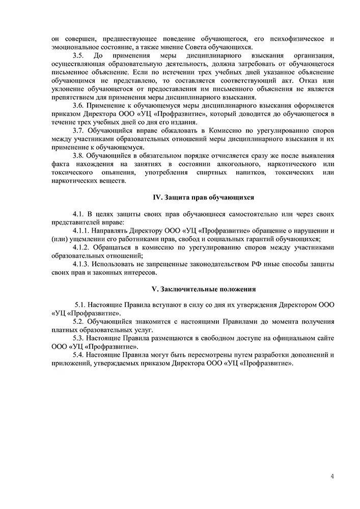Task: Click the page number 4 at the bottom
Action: point(332,476)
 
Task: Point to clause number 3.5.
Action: point(78,55)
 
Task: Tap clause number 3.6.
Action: point(79,104)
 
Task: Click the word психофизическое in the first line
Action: point(297,39)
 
